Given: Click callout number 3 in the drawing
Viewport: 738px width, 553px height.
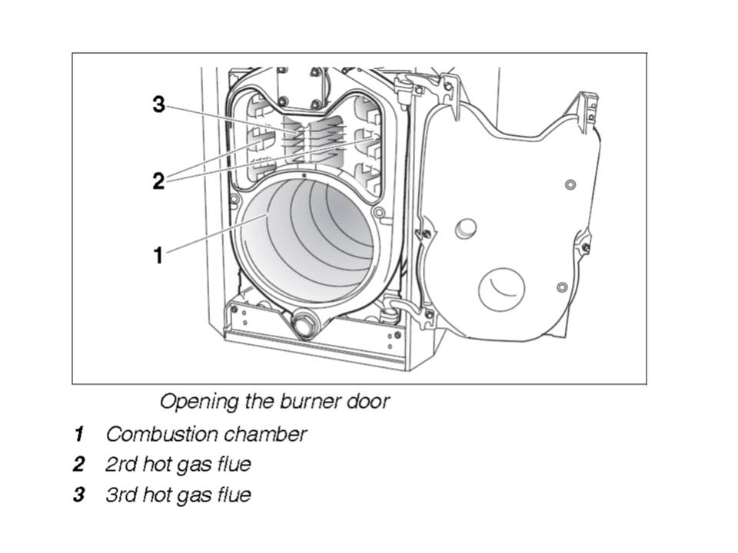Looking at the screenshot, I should coord(158,104).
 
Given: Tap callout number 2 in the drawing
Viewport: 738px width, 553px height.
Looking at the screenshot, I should coord(158,182).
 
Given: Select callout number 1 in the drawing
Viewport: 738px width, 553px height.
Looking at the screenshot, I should coord(158,255).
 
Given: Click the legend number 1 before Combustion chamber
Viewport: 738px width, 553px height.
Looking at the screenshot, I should coord(78,435).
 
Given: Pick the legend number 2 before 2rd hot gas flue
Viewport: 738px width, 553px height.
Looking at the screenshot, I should coord(78,465).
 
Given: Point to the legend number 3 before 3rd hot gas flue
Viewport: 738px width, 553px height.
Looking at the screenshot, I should coord(78,495).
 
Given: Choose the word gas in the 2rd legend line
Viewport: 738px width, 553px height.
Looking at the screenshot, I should coord(194,465).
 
